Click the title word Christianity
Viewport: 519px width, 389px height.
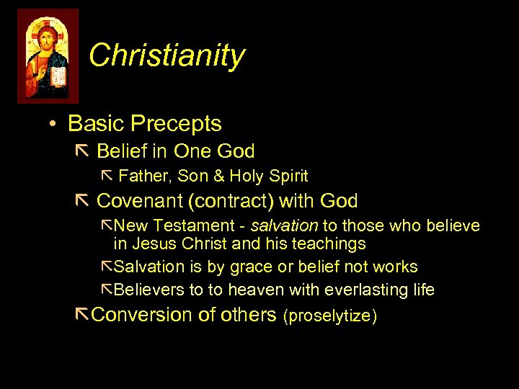[167, 55]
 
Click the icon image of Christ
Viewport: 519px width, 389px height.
[48, 56]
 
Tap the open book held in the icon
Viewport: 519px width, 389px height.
[58, 75]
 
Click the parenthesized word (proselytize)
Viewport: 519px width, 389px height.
[330, 316]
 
